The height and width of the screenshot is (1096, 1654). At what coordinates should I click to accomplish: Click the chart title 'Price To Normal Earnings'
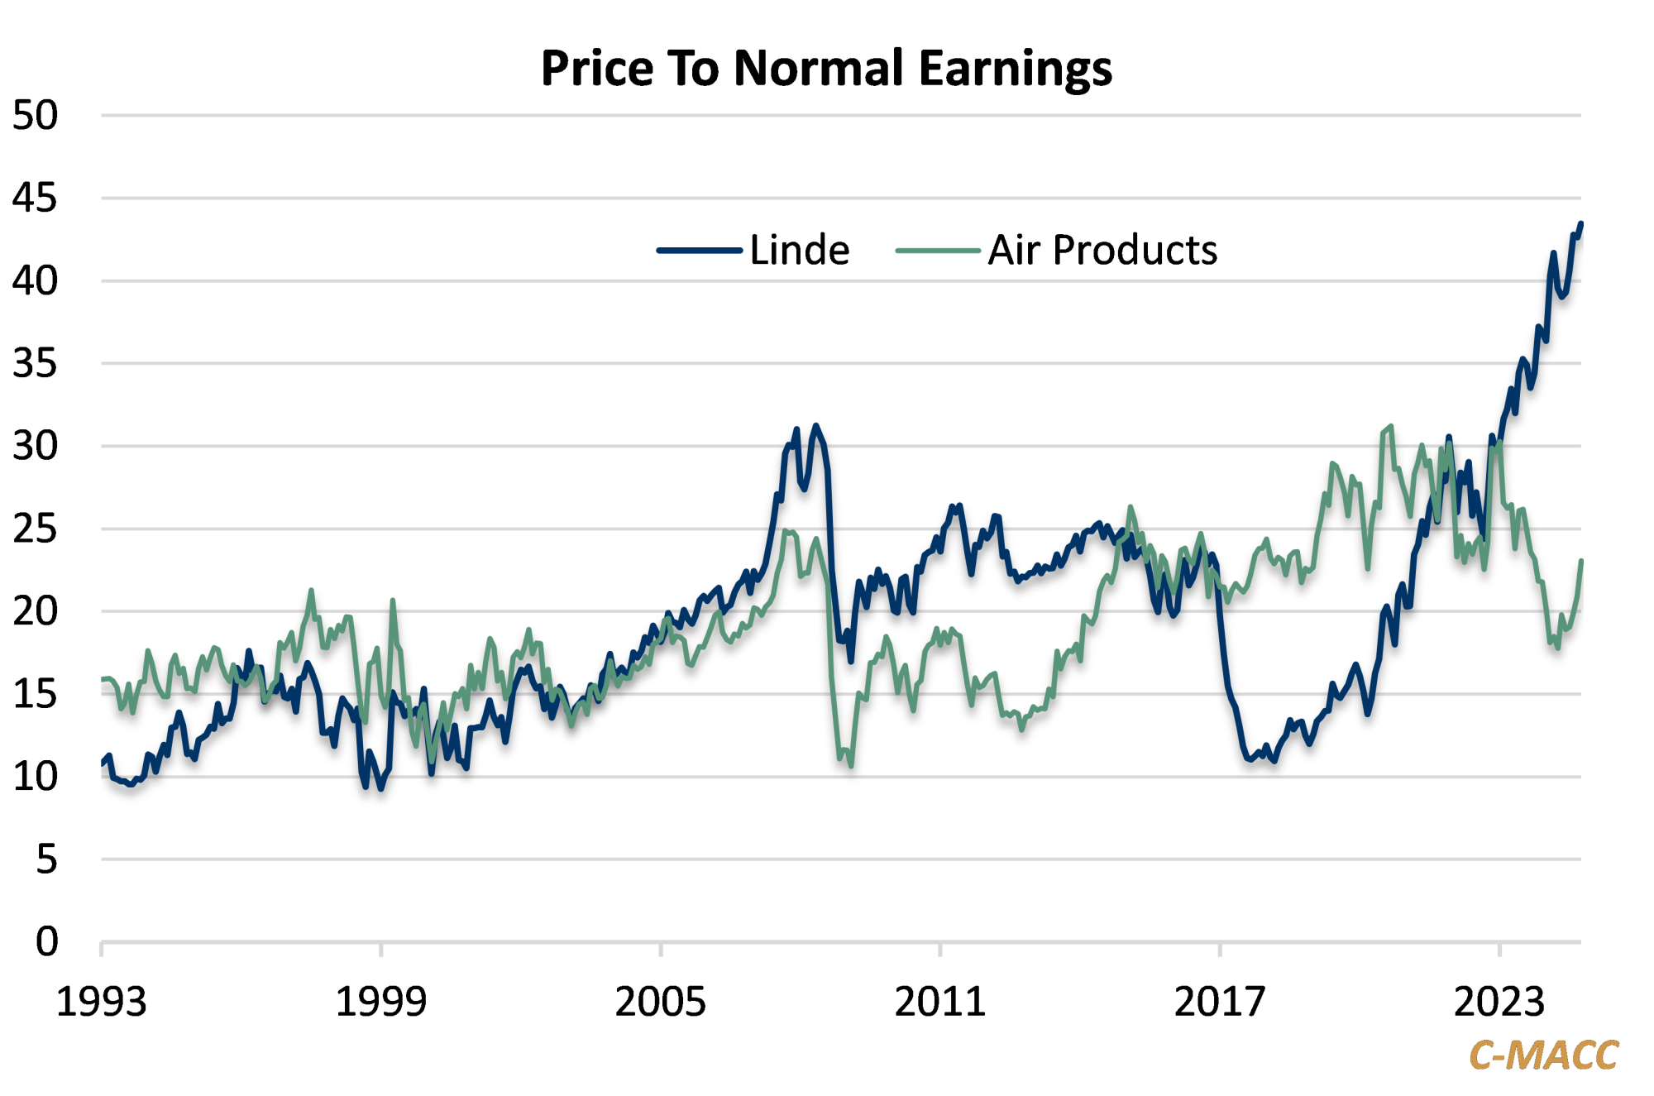tap(826, 68)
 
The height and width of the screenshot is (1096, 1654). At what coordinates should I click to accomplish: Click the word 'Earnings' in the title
tap(1016, 69)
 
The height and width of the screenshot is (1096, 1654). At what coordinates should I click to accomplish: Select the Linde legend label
tap(799, 250)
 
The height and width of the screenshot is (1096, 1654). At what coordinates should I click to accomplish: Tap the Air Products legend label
tap(1102, 250)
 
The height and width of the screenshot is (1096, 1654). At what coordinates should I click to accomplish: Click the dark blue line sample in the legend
tap(699, 250)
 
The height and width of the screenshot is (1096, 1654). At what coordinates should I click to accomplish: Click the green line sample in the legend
tap(938, 250)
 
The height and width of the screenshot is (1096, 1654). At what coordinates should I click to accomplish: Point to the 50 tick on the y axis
tap(35, 116)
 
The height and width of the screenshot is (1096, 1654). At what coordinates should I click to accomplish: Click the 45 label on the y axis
tap(35, 199)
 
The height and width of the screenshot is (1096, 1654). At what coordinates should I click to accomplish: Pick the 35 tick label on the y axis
tap(35, 364)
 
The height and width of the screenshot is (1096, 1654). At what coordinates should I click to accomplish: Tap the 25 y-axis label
tap(35, 529)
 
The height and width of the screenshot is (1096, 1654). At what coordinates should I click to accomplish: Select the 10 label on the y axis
tap(35, 777)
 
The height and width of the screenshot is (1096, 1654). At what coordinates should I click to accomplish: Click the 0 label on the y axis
tap(46, 941)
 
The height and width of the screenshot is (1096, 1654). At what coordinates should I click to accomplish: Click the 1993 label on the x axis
tap(101, 1002)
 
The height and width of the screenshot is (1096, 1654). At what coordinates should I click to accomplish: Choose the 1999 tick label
tap(380, 1002)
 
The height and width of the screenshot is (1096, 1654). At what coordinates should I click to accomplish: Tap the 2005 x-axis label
tap(660, 1002)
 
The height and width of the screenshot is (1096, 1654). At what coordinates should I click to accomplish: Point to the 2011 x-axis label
tap(939, 1002)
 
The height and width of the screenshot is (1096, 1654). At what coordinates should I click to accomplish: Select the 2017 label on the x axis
tap(1220, 1002)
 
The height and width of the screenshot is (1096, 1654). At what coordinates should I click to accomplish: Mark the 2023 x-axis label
tap(1499, 1002)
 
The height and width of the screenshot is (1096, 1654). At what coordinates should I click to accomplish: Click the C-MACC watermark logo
tap(1543, 1055)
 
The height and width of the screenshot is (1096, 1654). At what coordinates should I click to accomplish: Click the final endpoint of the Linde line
tap(1580, 224)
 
